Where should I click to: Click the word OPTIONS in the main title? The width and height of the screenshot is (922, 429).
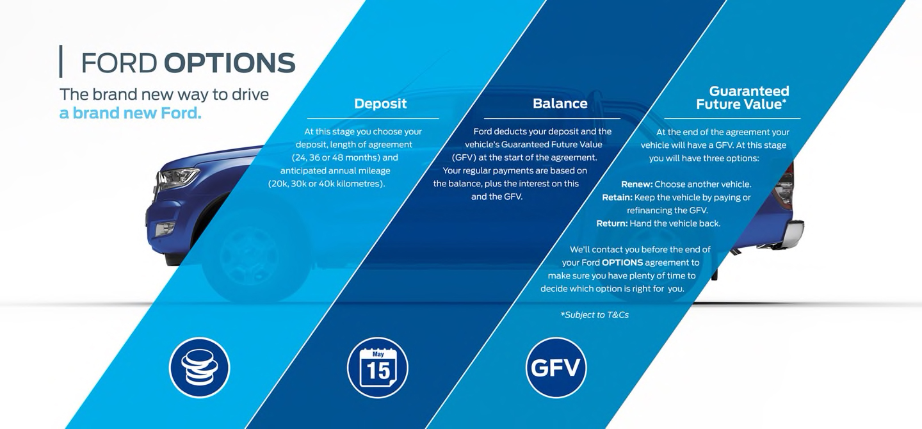[x=230, y=63]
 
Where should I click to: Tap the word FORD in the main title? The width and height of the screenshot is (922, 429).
[x=119, y=63]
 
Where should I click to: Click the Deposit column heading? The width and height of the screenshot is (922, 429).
[x=380, y=103]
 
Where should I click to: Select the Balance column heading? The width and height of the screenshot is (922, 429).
[x=560, y=103]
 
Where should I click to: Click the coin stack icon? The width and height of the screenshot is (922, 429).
[x=200, y=368]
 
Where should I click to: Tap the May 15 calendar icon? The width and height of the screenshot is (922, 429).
[x=378, y=368]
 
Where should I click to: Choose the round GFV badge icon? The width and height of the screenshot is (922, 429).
[x=556, y=368]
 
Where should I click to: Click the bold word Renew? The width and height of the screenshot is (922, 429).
[x=636, y=184]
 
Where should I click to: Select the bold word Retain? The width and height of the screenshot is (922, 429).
[x=617, y=197]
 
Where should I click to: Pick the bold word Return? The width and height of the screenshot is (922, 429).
[x=612, y=223]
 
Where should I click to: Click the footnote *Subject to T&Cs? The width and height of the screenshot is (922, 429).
[x=594, y=315]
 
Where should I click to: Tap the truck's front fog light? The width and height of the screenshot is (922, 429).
[x=165, y=229]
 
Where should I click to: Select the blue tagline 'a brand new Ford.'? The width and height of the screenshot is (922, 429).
[x=131, y=113]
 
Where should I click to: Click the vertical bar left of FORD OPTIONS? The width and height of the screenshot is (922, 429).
[x=61, y=61]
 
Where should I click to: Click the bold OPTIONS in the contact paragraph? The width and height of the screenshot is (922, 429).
[x=622, y=263]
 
